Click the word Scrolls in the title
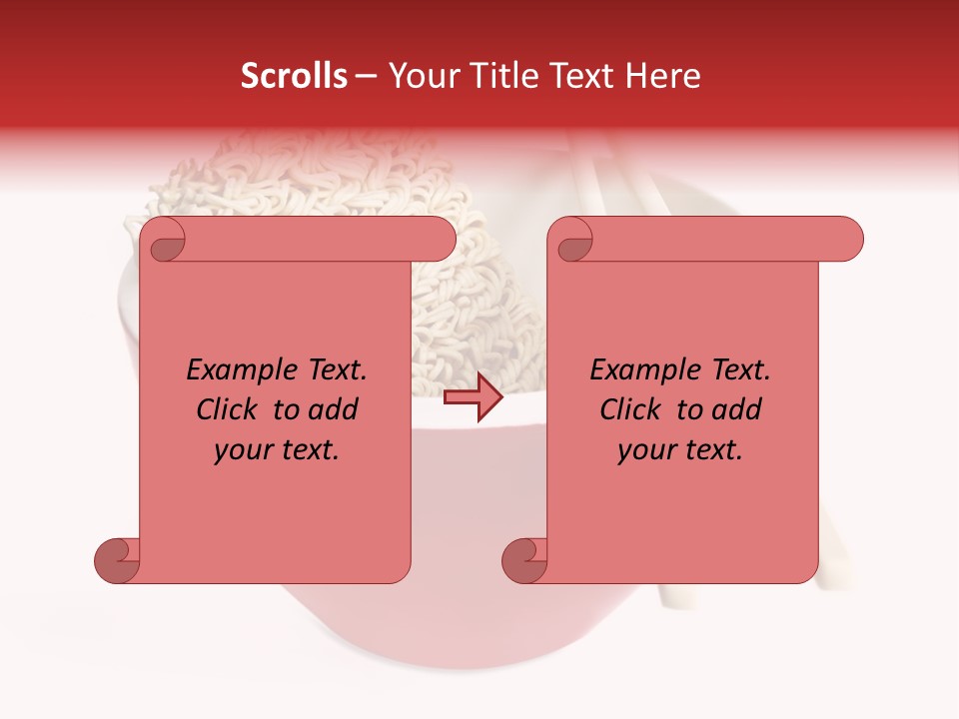pyautogui.click(x=295, y=76)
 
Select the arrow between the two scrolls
pyautogui.click(x=474, y=397)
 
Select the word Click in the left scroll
pyautogui.click(x=229, y=409)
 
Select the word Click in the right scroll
pyautogui.click(x=632, y=409)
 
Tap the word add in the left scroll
pyautogui.click(x=333, y=409)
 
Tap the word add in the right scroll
pyautogui.click(x=736, y=409)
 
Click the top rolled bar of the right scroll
pyautogui.click(x=719, y=239)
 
